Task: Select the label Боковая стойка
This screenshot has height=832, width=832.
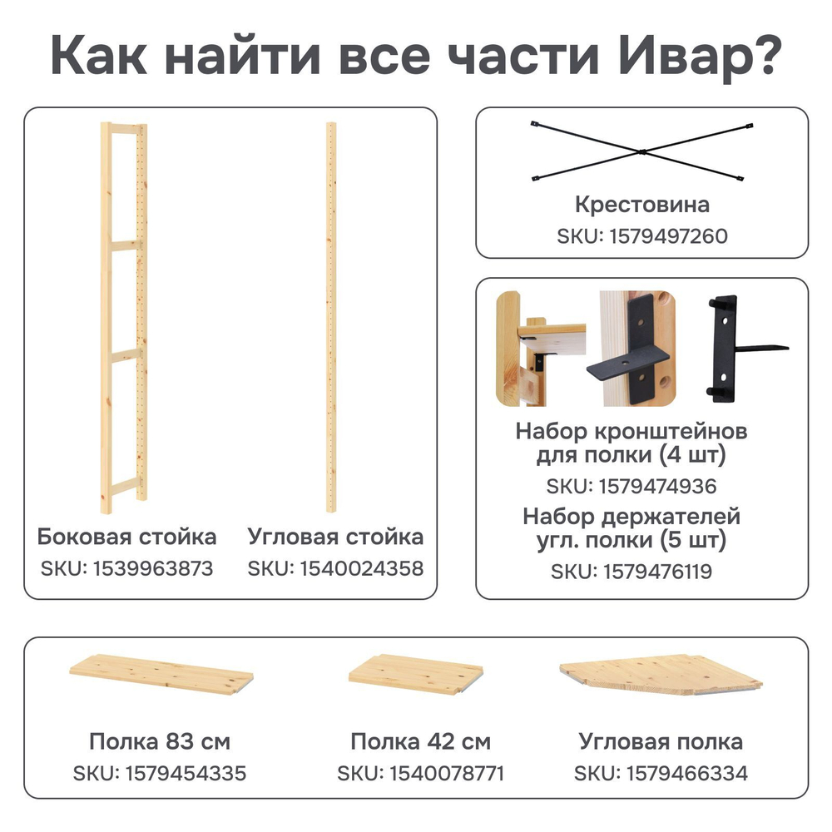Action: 127,536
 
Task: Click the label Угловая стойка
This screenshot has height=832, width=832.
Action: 335,536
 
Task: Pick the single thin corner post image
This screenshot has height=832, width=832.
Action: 330,320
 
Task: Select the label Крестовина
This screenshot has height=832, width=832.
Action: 641,204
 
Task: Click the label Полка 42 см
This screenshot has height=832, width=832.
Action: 420,740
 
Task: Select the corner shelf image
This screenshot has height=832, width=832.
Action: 661,671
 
